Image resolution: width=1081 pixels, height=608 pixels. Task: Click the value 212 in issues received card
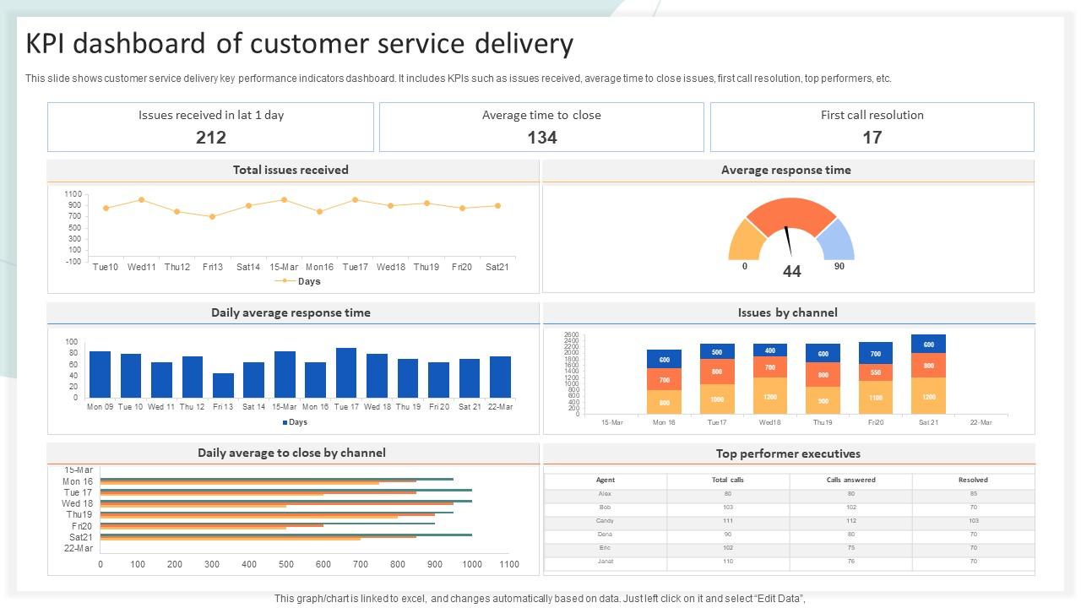pyautogui.click(x=210, y=137)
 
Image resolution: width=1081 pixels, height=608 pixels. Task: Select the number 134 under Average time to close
pyautogui.click(x=541, y=137)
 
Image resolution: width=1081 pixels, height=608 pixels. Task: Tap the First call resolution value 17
pyautogui.click(x=872, y=137)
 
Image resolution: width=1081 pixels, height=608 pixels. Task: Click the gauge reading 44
pyautogui.click(x=791, y=271)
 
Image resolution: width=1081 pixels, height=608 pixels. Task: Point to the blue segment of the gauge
pyautogui.click(x=838, y=240)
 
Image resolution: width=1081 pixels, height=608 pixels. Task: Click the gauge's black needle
pyautogui.click(x=788, y=242)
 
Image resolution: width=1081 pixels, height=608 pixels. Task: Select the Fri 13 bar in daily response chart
pyautogui.click(x=223, y=385)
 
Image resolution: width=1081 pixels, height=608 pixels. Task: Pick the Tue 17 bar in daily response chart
pyautogui.click(x=346, y=372)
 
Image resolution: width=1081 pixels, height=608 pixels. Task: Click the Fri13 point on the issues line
pyautogui.click(x=213, y=216)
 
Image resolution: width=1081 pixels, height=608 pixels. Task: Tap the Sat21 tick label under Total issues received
pyautogui.click(x=497, y=267)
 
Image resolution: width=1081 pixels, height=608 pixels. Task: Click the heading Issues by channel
pyautogui.click(x=787, y=312)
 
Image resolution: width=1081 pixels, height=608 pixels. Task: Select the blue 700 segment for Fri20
pyautogui.click(x=875, y=353)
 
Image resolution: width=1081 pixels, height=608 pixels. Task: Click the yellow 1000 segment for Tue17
pyautogui.click(x=716, y=399)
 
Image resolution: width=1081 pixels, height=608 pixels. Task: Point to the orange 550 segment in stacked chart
pyautogui.click(x=875, y=372)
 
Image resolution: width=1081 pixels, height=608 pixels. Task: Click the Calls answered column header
pyautogui.click(x=850, y=480)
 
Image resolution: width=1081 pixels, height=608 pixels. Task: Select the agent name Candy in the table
pyautogui.click(x=605, y=521)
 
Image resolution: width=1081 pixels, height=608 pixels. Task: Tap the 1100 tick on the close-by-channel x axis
pyautogui.click(x=508, y=564)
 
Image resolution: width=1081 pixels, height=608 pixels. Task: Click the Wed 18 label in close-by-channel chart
pyautogui.click(x=78, y=503)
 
